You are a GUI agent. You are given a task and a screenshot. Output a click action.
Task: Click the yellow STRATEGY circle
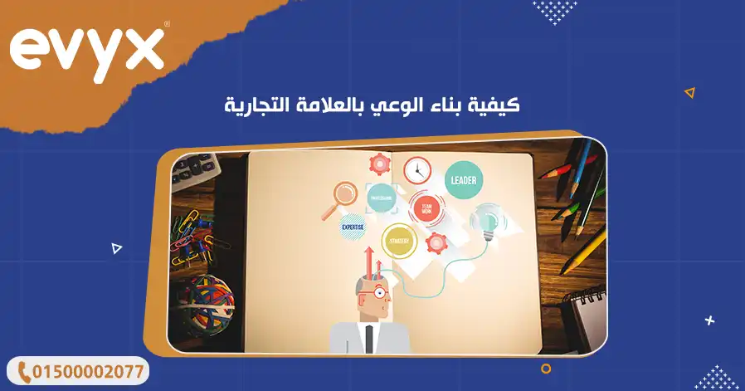[400, 241]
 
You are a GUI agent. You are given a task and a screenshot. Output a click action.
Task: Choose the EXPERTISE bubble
[353, 224]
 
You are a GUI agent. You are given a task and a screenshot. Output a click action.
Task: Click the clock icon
[417, 170]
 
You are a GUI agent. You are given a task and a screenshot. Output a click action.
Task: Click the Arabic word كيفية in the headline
[499, 106]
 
